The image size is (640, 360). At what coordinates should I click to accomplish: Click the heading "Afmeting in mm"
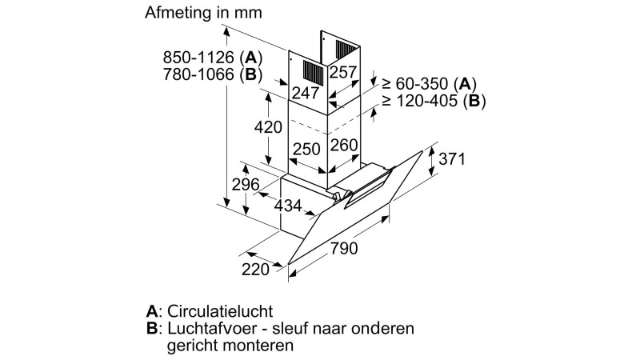pos(202,14)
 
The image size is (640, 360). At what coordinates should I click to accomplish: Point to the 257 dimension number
pos(343,73)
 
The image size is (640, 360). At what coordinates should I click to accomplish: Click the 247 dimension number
pos(304,92)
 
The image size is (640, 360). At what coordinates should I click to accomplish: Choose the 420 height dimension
pos(269,127)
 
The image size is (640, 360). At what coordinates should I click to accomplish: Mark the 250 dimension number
pos(306,149)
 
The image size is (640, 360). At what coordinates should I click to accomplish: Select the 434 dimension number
pos(288,206)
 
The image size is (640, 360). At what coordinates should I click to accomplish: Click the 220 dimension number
pos(256,270)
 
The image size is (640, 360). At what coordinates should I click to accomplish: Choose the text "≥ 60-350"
pos(416,83)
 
